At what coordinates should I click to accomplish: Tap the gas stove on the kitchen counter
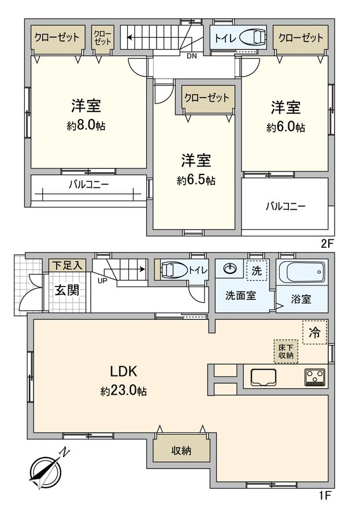(x=314, y=377)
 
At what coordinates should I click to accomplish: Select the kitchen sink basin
(x=263, y=377)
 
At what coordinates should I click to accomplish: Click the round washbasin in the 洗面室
(x=229, y=268)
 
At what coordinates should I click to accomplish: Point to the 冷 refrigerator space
(x=314, y=332)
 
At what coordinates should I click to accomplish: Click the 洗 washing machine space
(x=257, y=270)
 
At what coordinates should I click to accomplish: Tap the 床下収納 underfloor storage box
(x=285, y=351)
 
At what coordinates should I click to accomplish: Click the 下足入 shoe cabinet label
(x=68, y=265)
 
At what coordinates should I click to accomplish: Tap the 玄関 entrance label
(x=68, y=290)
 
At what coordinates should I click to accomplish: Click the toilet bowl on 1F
(x=173, y=269)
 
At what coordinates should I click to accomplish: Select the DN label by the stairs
(x=191, y=56)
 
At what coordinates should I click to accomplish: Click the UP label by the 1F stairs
(x=102, y=281)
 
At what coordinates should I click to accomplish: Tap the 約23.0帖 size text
(x=124, y=391)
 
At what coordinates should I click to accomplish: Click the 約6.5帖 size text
(x=196, y=180)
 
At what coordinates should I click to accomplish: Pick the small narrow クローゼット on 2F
(x=103, y=38)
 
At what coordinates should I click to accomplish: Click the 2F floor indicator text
(x=326, y=244)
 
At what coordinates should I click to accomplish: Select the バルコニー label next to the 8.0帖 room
(x=89, y=184)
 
